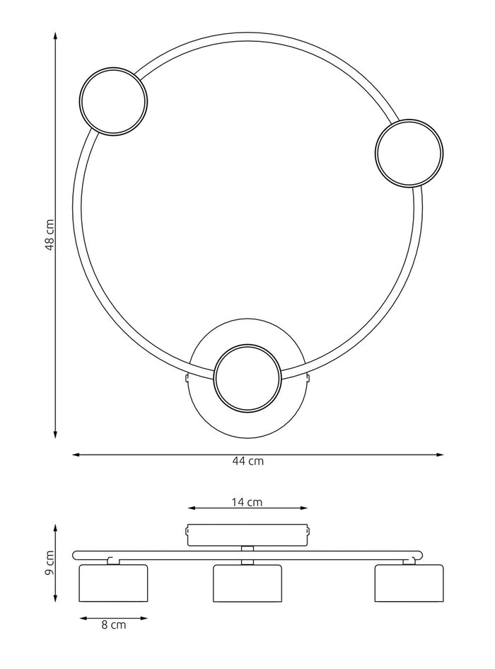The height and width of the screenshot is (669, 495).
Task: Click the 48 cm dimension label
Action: tap(49, 235)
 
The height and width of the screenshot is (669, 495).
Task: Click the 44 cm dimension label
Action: tap(248, 461)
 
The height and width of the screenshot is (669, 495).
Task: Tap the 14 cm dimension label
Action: tap(247, 502)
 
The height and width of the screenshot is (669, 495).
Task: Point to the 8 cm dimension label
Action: tap(113, 624)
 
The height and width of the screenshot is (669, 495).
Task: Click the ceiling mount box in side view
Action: tap(247, 534)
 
